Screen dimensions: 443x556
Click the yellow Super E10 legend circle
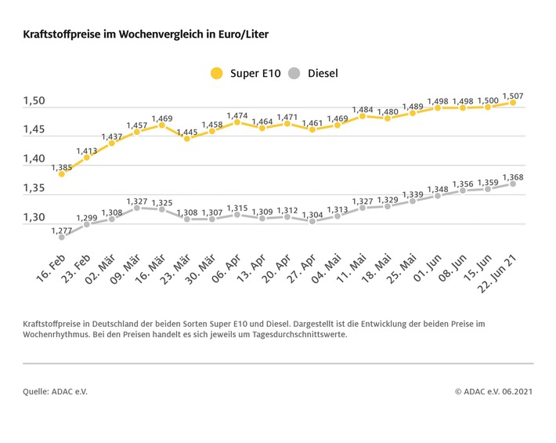(x=216, y=74)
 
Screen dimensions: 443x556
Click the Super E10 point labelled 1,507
(x=513, y=102)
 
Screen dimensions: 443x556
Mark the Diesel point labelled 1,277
(x=62, y=236)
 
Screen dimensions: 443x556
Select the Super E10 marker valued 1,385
(x=62, y=173)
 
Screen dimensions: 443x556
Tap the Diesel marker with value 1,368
(x=513, y=183)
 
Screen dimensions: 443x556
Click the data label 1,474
(x=237, y=116)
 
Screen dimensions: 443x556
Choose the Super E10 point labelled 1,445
(x=187, y=138)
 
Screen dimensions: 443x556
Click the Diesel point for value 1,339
(x=413, y=200)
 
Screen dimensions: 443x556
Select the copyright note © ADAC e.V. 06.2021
(x=493, y=390)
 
